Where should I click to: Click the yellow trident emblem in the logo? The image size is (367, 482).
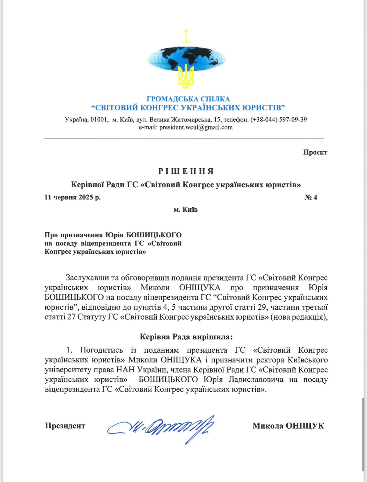[186, 77]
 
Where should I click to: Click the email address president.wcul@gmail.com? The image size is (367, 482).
[196, 127]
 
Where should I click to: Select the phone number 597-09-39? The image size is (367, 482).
[293, 120]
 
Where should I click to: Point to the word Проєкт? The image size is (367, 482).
[315, 152]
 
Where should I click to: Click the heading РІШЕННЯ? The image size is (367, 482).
[186, 171]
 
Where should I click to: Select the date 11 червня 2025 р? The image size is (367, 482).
[73, 197]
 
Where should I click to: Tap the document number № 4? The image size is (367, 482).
[311, 197]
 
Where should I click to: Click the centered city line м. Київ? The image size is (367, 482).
[185, 209]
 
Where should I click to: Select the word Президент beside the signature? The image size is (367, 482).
[65, 426]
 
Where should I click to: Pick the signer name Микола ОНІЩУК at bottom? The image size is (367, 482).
[288, 426]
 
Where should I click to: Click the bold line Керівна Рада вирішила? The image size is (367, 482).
[186, 337]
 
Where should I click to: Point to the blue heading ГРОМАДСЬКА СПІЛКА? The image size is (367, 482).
[188, 99]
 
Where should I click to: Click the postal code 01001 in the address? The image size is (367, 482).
[99, 120]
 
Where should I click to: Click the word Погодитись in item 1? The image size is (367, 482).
[101, 350]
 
